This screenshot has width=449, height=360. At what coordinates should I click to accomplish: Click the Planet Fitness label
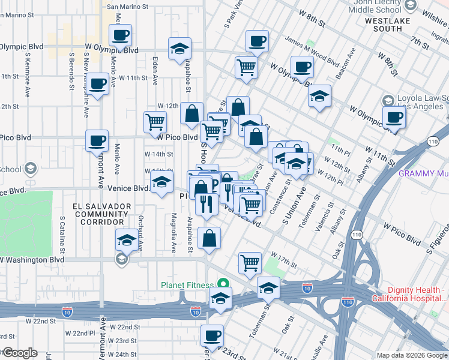(186, 285)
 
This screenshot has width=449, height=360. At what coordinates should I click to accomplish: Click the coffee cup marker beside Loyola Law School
(394, 116)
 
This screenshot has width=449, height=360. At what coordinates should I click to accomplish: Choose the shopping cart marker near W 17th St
(250, 262)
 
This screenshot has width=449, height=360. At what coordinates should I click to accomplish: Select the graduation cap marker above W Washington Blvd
(126, 240)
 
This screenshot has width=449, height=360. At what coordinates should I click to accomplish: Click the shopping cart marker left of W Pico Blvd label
(155, 122)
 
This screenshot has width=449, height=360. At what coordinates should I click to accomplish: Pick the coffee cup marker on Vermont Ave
(97, 141)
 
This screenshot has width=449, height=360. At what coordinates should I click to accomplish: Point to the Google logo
(19, 353)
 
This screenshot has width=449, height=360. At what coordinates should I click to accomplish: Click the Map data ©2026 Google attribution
(412, 355)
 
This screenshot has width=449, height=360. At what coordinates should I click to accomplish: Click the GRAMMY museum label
(424, 174)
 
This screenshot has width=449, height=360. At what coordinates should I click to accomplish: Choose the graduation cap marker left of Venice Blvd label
(161, 185)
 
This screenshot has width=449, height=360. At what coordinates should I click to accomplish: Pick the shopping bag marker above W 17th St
(209, 238)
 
